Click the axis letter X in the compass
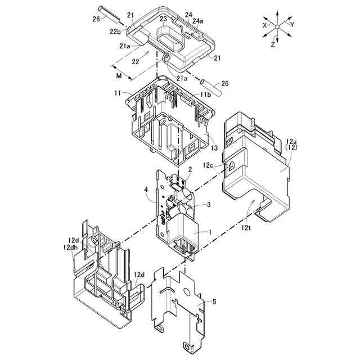[x=264, y=25]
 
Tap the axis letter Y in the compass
[x=292, y=24]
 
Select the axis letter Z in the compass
[x=272, y=44]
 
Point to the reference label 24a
[x=197, y=21]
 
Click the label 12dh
[x=71, y=247]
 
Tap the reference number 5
[x=214, y=301]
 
